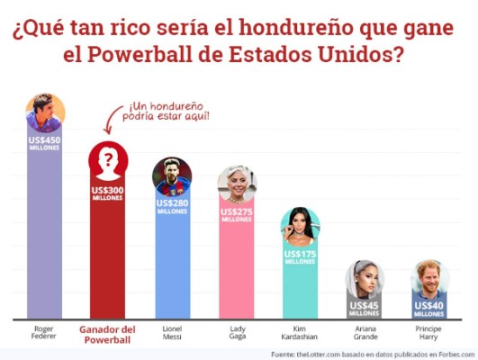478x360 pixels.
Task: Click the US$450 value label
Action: [x=43, y=143]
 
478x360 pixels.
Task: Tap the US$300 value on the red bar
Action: [x=107, y=193]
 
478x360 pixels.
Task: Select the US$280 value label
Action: [x=171, y=206]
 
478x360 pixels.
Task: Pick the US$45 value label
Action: [x=365, y=309]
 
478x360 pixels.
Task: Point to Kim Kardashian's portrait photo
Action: [x=300, y=226]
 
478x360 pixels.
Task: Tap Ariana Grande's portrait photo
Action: [x=365, y=279]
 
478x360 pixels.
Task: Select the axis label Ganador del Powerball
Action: [x=107, y=334]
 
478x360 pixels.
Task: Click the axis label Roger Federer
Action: [x=43, y=334]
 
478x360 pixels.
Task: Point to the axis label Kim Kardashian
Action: [x=300, y=334]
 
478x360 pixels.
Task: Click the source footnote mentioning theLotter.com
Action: [x=370, y=353]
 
